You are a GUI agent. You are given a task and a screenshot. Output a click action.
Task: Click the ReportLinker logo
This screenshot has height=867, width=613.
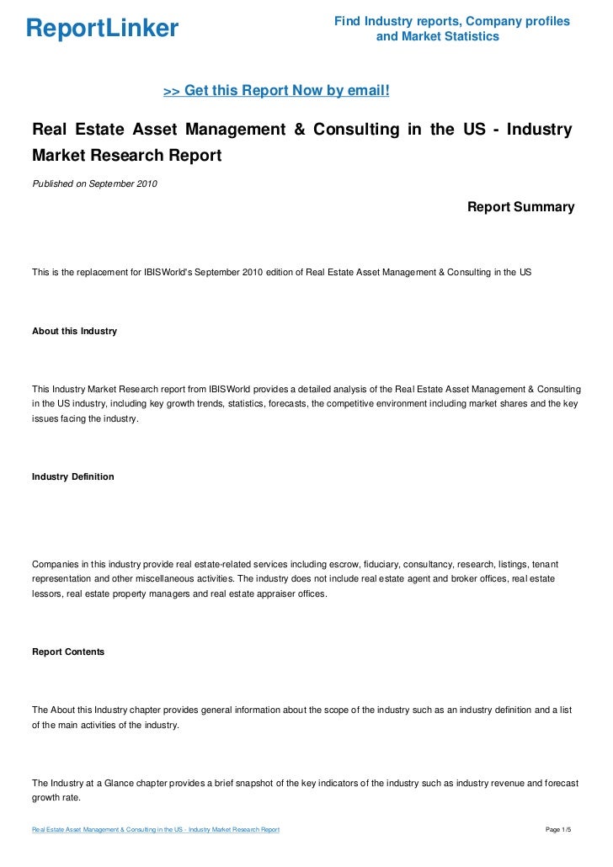tap(103, 29)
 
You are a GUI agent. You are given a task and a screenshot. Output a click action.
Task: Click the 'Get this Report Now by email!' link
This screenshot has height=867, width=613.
tap(276, 90)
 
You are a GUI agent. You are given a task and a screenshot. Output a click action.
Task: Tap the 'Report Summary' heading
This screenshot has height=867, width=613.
tap(520, 206)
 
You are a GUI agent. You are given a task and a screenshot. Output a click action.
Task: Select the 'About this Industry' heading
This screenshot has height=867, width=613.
tap(74, 332)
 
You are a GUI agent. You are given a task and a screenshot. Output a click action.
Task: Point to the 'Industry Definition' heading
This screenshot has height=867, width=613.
tap(72, 476)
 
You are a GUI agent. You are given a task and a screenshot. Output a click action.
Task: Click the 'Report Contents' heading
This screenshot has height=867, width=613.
tap(68, 652)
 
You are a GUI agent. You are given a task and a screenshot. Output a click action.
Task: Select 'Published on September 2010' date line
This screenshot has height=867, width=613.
tap(94, 184)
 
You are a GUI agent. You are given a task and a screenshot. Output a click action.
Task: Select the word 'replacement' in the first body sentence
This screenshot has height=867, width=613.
tap(104, 273)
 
